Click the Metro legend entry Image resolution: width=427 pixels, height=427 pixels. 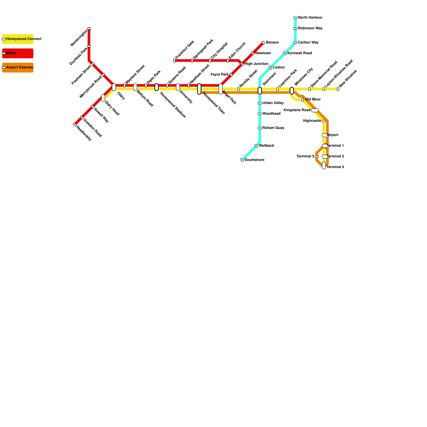tap(18, 53)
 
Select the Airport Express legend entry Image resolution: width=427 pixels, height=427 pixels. tap(18, 68)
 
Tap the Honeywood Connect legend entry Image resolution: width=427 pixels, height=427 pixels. tap(18, 39)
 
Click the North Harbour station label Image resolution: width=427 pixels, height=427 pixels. tap(310, 18)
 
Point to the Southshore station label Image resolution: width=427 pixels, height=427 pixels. tap(254, 160)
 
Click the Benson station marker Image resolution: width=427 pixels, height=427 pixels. tap(263, 43)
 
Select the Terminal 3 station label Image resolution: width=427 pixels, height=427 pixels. tap(305, 156)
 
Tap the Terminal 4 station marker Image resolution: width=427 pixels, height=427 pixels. tap(324, 165)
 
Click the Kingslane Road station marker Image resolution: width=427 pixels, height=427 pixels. tap(315, 110)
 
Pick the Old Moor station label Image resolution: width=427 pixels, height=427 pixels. tap(313, 100)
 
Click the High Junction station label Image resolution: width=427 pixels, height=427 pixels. tap(256, 64)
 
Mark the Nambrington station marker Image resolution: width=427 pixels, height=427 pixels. tap(89, 28)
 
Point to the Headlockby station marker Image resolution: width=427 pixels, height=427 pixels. tap(75, 124)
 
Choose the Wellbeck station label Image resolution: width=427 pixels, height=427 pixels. tap(266, 146)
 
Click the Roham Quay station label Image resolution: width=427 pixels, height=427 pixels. tap(273, 128)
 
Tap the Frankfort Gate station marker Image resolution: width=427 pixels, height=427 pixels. tap(174, 61)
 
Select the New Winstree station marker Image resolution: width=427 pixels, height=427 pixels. tap(338, 89)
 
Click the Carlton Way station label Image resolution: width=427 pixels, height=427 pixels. tap(308, 42)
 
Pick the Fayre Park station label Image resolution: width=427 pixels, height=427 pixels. tap(219, 74)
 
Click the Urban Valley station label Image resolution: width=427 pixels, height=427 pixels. tap(273, 103)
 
